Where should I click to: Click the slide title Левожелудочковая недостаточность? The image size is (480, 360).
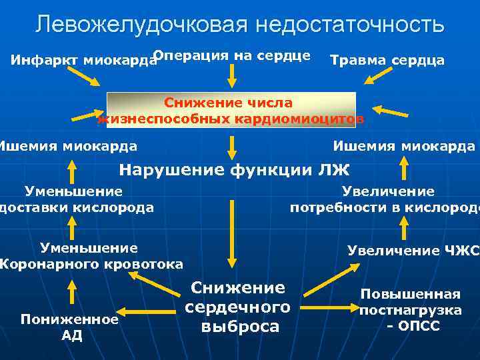[240, 25]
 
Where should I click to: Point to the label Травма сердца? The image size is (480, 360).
[387, 61]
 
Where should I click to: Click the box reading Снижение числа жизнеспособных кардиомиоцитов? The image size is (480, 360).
[231, 111]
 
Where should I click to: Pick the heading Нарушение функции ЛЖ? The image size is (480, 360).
[234, 169]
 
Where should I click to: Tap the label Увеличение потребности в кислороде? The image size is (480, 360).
[385, 199]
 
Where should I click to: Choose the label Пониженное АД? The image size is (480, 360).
[70, 327]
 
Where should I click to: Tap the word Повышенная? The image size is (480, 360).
[410, 294]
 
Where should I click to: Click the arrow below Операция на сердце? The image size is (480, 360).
[231, 77]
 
